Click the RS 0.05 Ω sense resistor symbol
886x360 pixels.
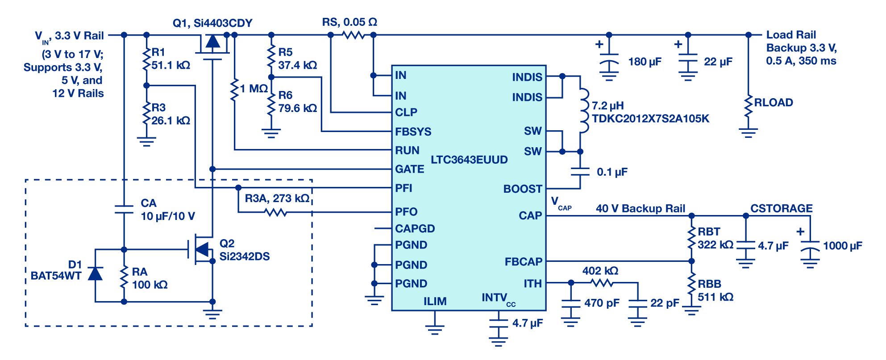click(x=354, y=35)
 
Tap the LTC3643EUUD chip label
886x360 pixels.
click(x=469, y=160)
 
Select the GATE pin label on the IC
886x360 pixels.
click(x=409, y=170)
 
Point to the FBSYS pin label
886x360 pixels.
click(x=413, y=132)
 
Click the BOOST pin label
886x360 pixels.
click(x=522, y=189)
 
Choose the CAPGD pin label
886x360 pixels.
click(x=415, y=229)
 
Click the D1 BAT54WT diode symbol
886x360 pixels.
click(x=95, y=273)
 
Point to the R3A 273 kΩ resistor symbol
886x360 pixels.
click(x=276, y=212)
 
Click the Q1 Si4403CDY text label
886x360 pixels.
click(x=212, y=23)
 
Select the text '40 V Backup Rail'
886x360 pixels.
click(x=640, y=209)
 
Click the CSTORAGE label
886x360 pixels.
click(x=781, y=209)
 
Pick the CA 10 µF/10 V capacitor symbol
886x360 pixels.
click(x=124, y=209)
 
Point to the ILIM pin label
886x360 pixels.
click(x=435, y=302)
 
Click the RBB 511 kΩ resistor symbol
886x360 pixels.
click(x=691, y=286)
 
